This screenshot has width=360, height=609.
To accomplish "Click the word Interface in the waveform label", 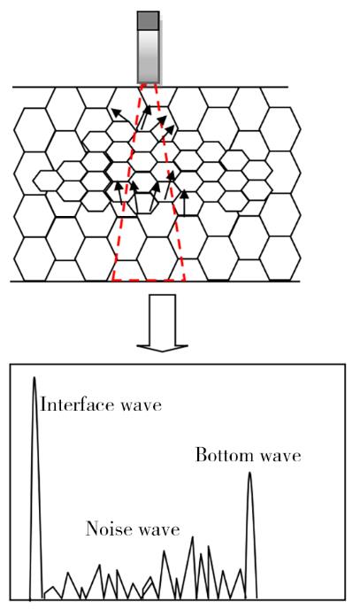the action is coord(77,405).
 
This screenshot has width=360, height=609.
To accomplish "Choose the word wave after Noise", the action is coord(159,530).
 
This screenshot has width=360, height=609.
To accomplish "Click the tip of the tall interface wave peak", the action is coord(34,377).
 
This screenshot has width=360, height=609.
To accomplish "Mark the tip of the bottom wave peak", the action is coord(249,473).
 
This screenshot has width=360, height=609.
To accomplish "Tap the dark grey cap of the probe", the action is coord(149,20).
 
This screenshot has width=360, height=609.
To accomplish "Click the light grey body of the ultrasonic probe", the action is coord(149,57).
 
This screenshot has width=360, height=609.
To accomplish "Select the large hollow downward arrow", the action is coord(162,323).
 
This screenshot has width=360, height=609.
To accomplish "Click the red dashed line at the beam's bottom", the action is coord(149,280).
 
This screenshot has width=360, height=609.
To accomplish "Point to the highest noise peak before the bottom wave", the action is coord(192,537).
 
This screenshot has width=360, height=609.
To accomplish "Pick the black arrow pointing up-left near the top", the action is coord(121,116).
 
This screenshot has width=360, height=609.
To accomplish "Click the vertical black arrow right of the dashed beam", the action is coord(184,203).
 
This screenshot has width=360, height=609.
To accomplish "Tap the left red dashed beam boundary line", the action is coord(127,181).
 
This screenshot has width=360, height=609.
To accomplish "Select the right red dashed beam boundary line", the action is coord(170,181).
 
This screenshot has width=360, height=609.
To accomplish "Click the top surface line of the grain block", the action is coord(150,88).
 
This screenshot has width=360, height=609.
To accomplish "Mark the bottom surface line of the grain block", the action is coord(155,281).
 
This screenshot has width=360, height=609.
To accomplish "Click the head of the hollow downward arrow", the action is coord(162,348).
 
